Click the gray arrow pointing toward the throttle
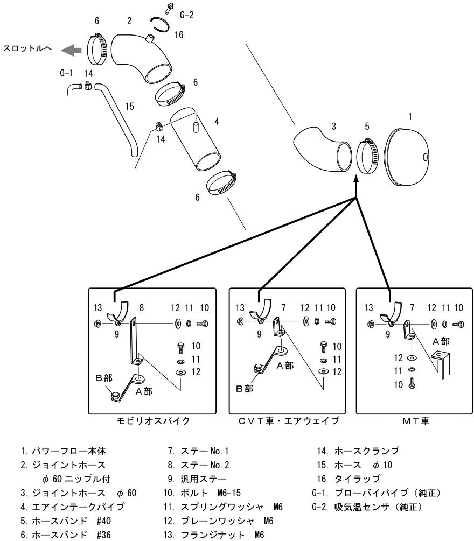click(x=71, y=51)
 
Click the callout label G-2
click(x=186, y=15)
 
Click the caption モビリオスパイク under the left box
click(x=153, y=420)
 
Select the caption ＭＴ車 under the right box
click(x=416, y=420)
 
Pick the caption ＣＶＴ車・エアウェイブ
click(x=289, y=420)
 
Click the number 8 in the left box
click(x=142, y=307)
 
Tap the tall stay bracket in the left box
click(x=133, y=342)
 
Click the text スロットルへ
click(x=27, y=48)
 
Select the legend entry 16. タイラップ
click(x=348, y=479)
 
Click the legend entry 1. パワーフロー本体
click(x=63, y=451)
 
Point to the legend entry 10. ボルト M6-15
click(x=202, y=493)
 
